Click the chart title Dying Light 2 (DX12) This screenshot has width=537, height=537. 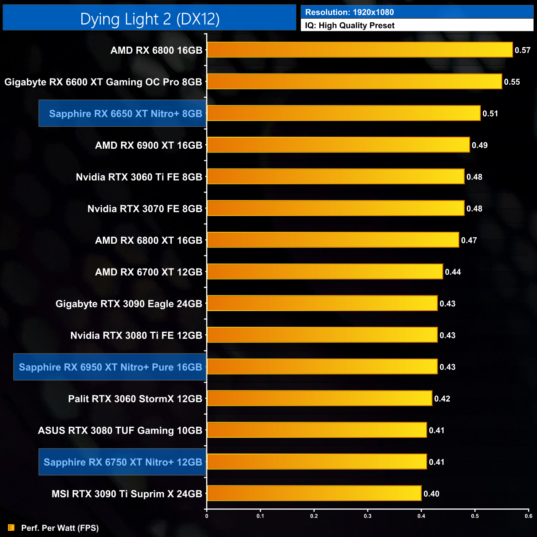click(x=150, y=19)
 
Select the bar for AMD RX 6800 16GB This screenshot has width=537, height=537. click(x=359, y=50)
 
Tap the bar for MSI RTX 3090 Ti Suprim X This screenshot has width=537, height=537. click(x=314, y=493)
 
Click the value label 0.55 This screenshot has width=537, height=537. click(x=512, y=82)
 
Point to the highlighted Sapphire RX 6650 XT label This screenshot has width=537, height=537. click(x=125, y=114)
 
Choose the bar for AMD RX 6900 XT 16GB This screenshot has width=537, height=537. click(x=338, y=145)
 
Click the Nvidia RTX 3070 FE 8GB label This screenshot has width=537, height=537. click(x=145, y=209)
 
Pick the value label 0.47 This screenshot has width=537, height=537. click(x=469, y=240)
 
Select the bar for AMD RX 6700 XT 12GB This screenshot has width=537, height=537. click(x=325, y=272)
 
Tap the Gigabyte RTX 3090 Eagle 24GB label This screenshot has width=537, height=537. click(x=129, y=304)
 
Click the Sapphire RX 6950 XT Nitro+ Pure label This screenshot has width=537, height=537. click(x=110, y=367)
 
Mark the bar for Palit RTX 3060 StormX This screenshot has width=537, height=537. click(x=319, y=399)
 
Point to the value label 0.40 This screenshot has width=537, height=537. click(x=431, y=494)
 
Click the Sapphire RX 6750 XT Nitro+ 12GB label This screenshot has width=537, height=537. click(x=123, y=462)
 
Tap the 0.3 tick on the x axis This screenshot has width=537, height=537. click(x=368, y=516)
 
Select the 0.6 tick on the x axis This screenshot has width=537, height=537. click(x=528, y=516)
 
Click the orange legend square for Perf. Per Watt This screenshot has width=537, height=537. click(x=11, y=528)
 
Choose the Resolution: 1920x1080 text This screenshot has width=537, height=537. click(x=349, y=12)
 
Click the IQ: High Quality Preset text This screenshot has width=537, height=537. click(x=350, y=26)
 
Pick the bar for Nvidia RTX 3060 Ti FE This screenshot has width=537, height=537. click(x=335, y=177)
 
